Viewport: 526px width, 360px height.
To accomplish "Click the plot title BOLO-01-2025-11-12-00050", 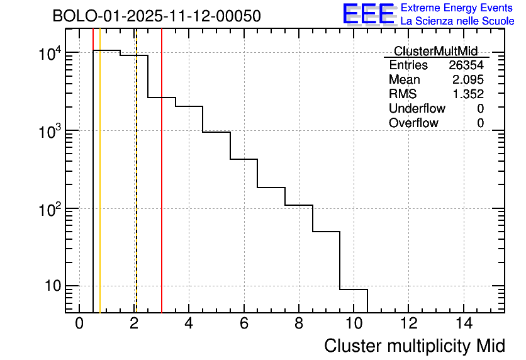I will click(x=157, y=16).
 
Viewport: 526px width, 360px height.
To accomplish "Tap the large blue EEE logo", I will click(x=368, y=14).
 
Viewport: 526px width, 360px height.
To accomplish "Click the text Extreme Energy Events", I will click(x=457, y=8).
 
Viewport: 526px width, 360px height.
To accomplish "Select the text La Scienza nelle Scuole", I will click(x=457, y=21).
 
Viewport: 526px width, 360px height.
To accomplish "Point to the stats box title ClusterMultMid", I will click(x=435, y=51).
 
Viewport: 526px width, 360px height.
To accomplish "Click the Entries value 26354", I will click(x=466, y=65).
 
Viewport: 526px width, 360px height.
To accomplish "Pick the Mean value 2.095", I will click(x=468, y=80).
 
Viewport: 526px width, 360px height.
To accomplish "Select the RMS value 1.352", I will click(x=468, y=94).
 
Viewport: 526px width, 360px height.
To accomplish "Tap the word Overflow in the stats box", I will click(x=413, y=123).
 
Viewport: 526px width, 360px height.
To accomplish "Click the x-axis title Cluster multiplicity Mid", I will click(x=414, y=346).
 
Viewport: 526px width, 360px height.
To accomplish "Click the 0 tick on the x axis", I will click(x=79, y=324).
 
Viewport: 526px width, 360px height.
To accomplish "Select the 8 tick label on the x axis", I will click(x=299, y=324).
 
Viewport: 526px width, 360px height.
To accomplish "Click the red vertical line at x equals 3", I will click(x=162, y=189).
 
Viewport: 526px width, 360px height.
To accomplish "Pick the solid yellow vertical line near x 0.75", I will click(x=100, y=189).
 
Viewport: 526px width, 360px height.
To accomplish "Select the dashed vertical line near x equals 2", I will click(x=137, y=189).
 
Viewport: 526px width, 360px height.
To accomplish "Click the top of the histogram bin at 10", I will click(x=354, y=290).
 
